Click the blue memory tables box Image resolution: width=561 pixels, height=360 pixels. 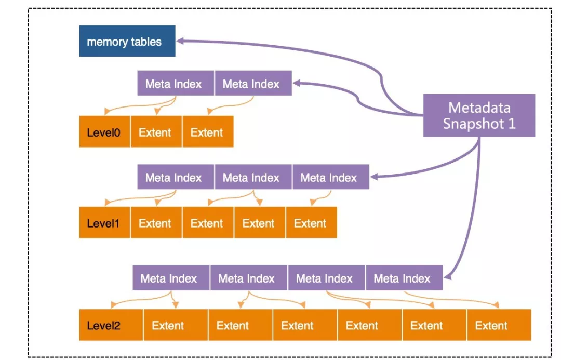[x=127, y=41]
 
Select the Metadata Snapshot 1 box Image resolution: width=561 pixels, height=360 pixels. [x=479, y=115]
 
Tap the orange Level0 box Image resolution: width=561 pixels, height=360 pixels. [x=104, y=131]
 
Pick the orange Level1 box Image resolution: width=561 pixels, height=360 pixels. [x=104, y=222]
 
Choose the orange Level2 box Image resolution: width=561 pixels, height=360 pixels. [x=111, y=325]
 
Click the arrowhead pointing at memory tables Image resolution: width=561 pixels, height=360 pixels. [x=180, y=41]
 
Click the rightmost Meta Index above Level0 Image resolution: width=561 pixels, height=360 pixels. [x=253, y=83]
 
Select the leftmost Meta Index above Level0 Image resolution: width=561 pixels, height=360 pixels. [x=176, y=83]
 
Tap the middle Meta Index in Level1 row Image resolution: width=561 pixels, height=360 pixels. [x=253, y=177]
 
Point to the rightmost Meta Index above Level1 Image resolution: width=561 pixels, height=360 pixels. [x=331, y=177]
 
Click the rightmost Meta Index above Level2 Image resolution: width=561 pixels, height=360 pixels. [x=404, y=278]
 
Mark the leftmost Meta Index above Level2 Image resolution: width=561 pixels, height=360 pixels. [x=171, y=278]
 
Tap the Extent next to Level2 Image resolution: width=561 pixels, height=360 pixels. [x=176, y=325]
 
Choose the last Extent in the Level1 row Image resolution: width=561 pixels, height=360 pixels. [x=312, y=222]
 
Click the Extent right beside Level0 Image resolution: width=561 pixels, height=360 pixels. [x=156, y=131]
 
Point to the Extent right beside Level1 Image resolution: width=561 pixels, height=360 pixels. [x=156, y=222]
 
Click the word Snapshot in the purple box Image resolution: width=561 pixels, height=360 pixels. [x=473, y=124]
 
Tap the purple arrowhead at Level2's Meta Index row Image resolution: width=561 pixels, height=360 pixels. [x=448, y=276]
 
